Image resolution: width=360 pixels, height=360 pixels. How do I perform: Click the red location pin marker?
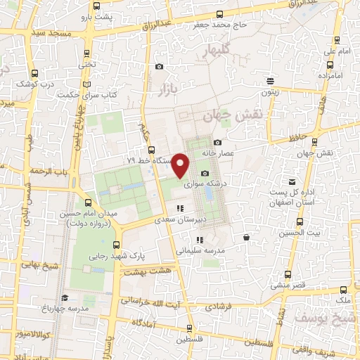coord(181,165)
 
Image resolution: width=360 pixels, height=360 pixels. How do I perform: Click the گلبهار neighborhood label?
coord(214,51)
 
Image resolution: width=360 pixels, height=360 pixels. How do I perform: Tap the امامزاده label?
coord(329,75)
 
